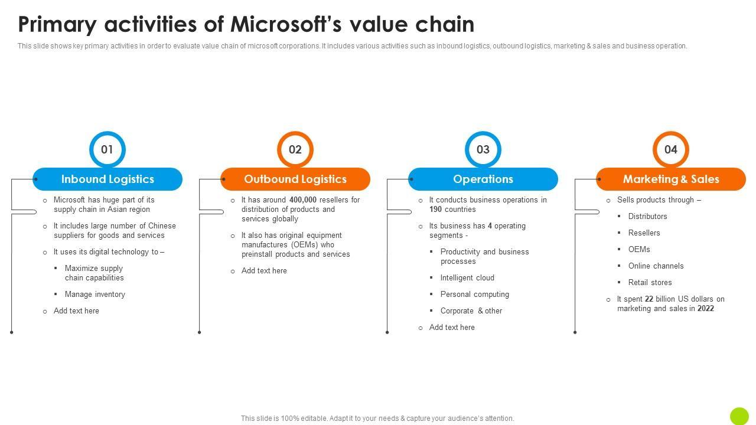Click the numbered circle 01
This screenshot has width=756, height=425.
(x=107, y=149)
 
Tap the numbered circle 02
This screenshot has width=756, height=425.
(x=295, y=149)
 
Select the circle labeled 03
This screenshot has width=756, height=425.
(x=483, y=149)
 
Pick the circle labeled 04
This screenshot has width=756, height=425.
(x=670, y=149)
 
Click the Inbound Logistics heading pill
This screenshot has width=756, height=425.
(x=107, y=179)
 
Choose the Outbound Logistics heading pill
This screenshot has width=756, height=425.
(x=295, y=179)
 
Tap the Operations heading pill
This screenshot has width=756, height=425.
(x=483, y=179)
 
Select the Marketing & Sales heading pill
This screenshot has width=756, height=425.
(x=671, y=179)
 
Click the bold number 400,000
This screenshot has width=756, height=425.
(x=303, y=200)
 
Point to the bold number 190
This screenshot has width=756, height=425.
(x=436, y=210)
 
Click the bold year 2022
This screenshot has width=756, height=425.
(x=705, y=309)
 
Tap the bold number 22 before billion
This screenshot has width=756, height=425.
(x=649, y=299)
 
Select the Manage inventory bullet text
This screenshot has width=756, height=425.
(x=94, y=295)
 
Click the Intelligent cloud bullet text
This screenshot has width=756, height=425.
(x=467, y=278)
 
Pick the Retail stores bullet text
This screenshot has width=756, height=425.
(x=650, y=283)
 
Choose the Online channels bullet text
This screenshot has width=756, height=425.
(x=656, y=266)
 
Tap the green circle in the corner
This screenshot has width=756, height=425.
(x=739, y=416)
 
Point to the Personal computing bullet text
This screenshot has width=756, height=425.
(x=474, y=295)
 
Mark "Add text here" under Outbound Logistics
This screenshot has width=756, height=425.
(x=264, y=271)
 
